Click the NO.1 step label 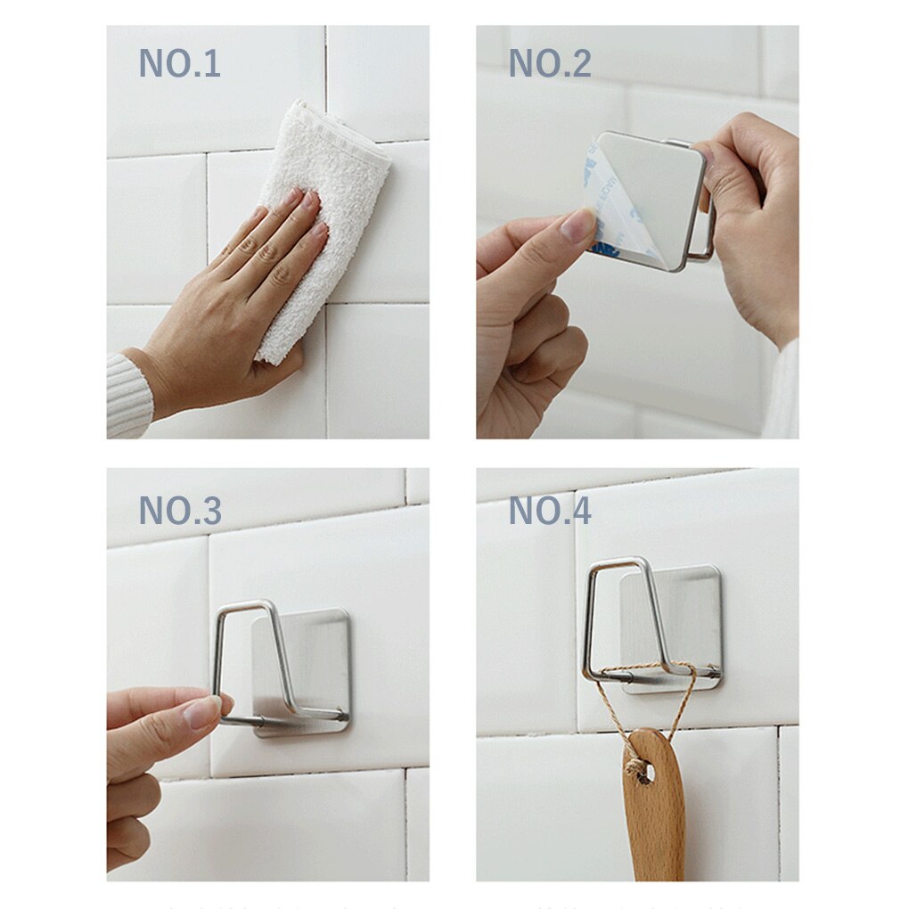(179, 64)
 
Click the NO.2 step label (549, 64)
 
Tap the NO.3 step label (179, 510)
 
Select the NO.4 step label (549, 510)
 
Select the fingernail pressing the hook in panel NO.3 (202, 711)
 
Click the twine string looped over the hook (624, 704)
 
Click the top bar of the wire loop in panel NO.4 (615, 562)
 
